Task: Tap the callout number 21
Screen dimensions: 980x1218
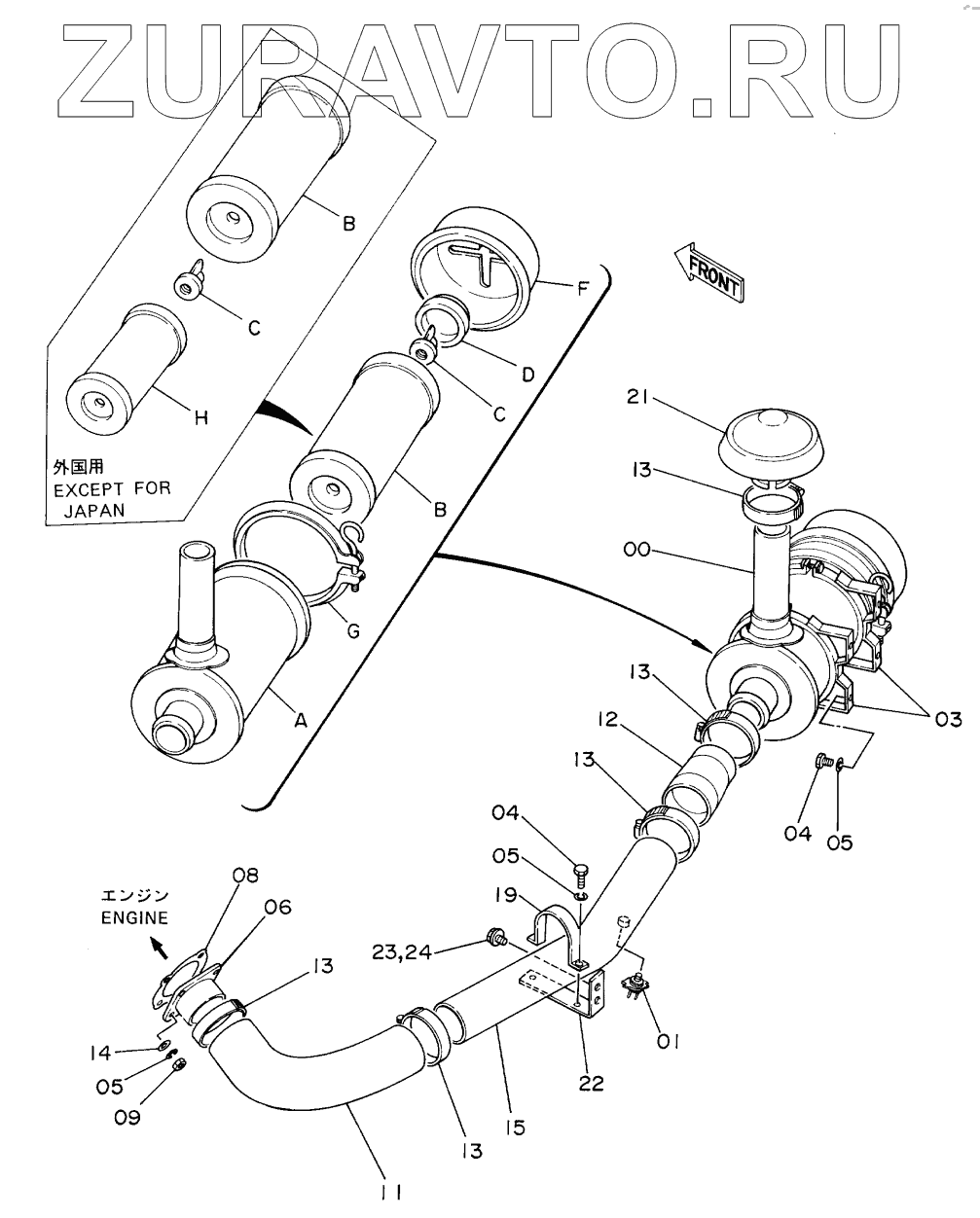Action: pos(637,397)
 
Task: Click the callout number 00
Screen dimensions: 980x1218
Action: pos(636,550)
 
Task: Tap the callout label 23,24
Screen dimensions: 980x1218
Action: pos(402,952)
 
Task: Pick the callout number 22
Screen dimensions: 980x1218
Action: pos(591,1084)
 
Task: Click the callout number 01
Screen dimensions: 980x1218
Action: pos(668,1041)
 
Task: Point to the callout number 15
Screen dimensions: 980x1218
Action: pos(515,1127)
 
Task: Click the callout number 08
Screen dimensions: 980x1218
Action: pos(244,875)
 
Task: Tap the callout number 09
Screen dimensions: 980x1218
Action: pos(127,1117)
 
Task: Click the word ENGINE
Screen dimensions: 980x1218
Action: pos(134,917)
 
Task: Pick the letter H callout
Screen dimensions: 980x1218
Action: pos(201,417)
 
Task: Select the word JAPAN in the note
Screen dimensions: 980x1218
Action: pos(94,510)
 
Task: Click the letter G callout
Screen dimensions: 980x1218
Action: pos(354,630)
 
